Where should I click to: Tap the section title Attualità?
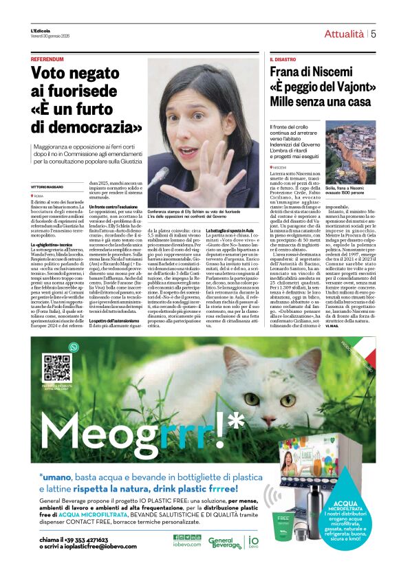(x=344, y=34)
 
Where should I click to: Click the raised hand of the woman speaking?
(x=237, y=131)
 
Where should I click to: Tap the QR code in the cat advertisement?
(x=56, y=369)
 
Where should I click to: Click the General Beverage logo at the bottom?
(x=225, y=543)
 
